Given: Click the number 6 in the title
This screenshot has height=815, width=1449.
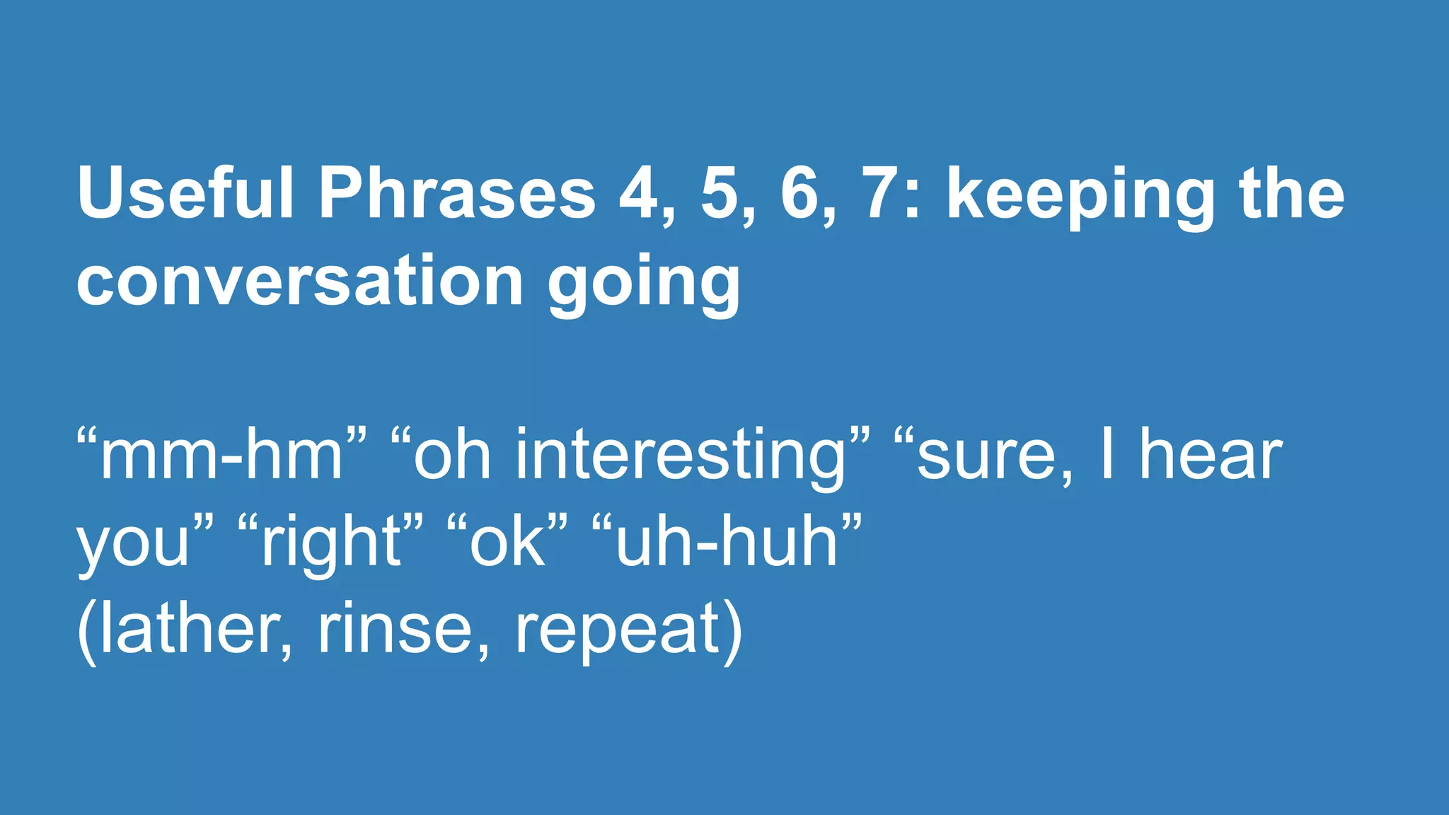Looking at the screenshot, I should pyautogui.click(x=802, y=195).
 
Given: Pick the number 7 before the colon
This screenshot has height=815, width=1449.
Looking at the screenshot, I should pyautogui.click(x=882, y=195).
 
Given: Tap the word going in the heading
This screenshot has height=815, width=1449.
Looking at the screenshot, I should pyautogui.click(x=644, y=287).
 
